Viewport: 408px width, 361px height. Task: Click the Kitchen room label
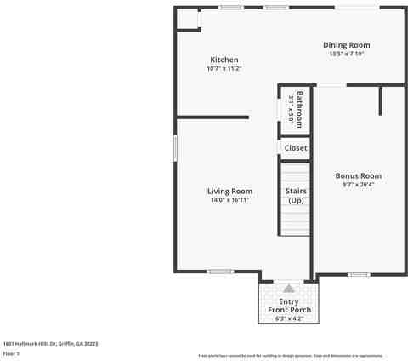[224, 60]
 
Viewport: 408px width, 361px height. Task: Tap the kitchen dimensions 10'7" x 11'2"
[224, 68]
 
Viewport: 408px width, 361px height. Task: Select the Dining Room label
[346, 45]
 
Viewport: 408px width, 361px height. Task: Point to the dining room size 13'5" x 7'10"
[346, 54]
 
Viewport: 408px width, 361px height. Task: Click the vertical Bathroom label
[299, 109]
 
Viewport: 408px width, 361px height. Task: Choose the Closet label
[296, 148]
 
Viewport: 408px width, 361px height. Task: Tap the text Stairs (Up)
[296, 196]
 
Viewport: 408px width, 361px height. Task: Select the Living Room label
[230, 192]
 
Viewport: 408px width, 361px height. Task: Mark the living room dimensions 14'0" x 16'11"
[230, 201]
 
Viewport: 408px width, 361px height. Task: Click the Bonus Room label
[358, 175]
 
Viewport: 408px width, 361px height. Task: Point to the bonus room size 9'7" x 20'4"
[358, 184]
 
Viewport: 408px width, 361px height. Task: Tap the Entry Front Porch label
[289, 306]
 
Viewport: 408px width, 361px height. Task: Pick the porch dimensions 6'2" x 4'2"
[289, 318]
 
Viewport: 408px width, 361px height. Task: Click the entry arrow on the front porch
[289, 289]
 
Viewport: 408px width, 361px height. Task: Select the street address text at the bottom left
[50, 344]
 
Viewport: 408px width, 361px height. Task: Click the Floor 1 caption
[11, 352]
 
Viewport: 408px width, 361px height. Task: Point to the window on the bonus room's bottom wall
[359, 273]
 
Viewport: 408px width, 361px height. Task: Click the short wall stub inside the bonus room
[381, 100]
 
